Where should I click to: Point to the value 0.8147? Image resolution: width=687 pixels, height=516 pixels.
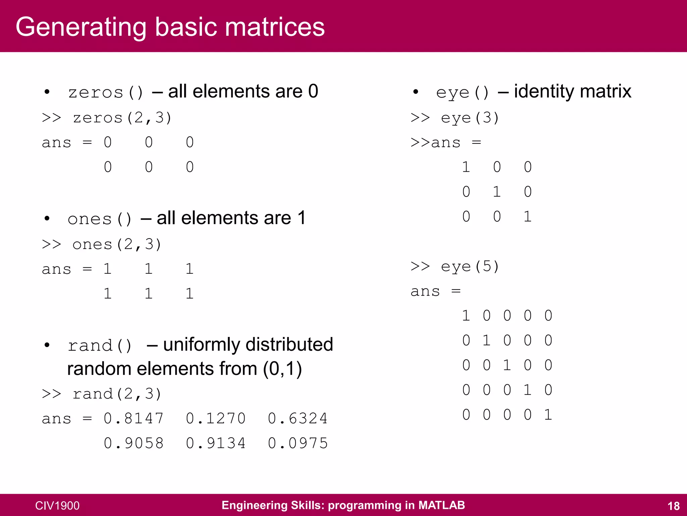point(134,419)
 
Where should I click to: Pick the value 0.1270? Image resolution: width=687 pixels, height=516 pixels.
point(216,419)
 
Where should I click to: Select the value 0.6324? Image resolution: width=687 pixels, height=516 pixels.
point(298,419)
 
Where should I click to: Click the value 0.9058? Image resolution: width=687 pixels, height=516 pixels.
point(134,443)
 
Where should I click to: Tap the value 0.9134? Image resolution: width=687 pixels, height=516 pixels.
point(216,443)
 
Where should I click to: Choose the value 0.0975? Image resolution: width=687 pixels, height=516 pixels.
point(298,443)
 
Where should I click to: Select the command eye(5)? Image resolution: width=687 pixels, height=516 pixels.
point(470,267)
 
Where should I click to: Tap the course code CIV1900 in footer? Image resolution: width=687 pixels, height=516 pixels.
point(57,506)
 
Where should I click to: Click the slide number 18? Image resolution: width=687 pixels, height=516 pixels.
point(673,506)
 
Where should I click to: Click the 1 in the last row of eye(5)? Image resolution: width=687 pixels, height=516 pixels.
point(548,415)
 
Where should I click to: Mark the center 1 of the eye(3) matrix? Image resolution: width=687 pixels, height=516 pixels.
point(497,192)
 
